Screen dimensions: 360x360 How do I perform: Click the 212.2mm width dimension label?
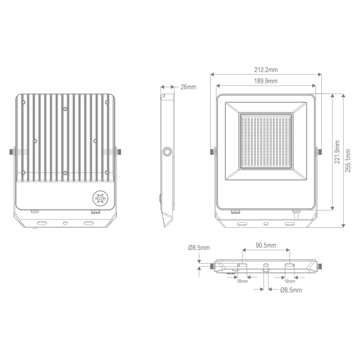(x=266, y=70)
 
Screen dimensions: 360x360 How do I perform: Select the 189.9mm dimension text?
(x=266, y=81)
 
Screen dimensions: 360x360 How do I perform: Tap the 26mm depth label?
(x=188, y=87)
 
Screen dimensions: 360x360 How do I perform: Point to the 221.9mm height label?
(x=337, y=152)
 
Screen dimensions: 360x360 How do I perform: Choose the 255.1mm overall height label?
(x=348, y=160)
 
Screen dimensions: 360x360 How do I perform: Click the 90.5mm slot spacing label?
(x=266, y=246)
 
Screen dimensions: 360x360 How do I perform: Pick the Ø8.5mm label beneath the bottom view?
(x=291, y=290)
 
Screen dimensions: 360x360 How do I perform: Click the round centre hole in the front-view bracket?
(x=266, y=223)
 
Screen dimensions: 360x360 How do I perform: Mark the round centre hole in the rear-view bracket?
(x=65, y=223)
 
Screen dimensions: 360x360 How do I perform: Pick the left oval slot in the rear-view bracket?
(x=42, y=222)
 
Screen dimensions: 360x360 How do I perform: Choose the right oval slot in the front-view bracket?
(x=290, y=223)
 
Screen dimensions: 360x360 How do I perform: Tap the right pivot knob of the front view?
(x=320, y=151)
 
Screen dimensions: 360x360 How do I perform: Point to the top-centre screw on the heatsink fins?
(x=65, y=109)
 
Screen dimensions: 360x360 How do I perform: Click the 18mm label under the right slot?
(x=290, y=281)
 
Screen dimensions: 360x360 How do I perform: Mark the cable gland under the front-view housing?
(x=296, y=212)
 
